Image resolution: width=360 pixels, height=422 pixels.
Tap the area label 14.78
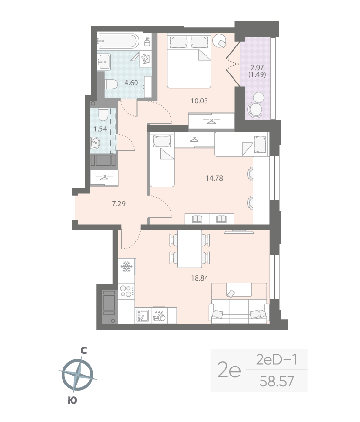214,179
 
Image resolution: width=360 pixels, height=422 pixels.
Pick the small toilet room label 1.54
100,128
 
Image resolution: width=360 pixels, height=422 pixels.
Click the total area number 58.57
277,380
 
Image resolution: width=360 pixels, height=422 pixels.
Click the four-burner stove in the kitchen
126,291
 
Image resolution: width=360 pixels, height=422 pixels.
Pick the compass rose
77,375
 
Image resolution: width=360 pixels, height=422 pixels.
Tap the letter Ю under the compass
72,401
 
